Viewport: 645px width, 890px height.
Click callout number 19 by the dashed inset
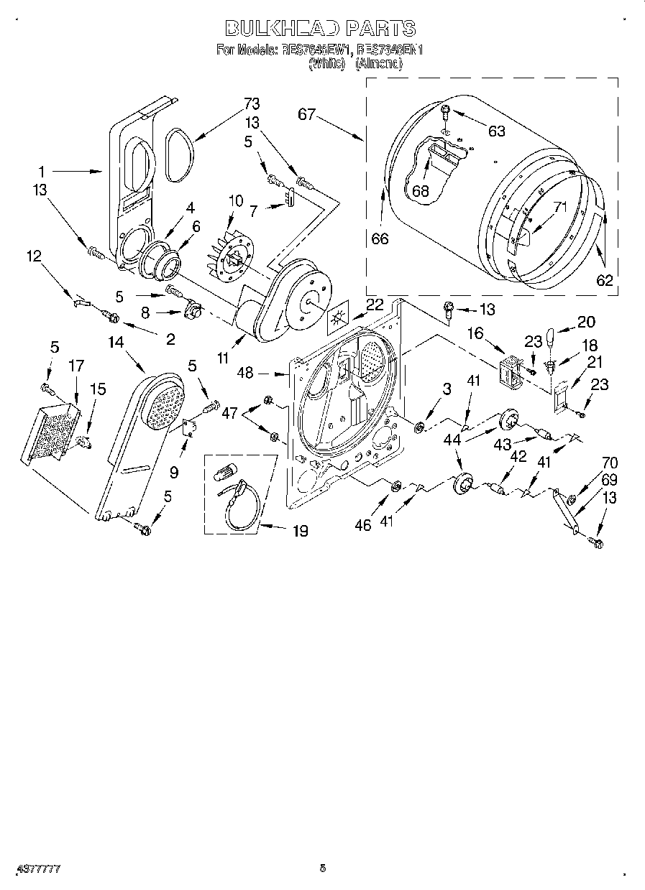tap(299, 531)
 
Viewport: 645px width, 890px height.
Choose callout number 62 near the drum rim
tap(605, 280)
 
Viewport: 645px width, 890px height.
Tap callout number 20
tap(587, 322)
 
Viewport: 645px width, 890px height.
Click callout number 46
tap(362, 525)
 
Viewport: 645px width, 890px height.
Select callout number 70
tap(590, 463)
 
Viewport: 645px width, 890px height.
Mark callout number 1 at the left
tap(42, 172)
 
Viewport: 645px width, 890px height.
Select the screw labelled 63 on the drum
tap(445, 112)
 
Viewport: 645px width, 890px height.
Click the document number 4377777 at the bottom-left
tap(34, 868)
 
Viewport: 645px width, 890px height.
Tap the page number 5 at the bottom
tap(323, 868)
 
